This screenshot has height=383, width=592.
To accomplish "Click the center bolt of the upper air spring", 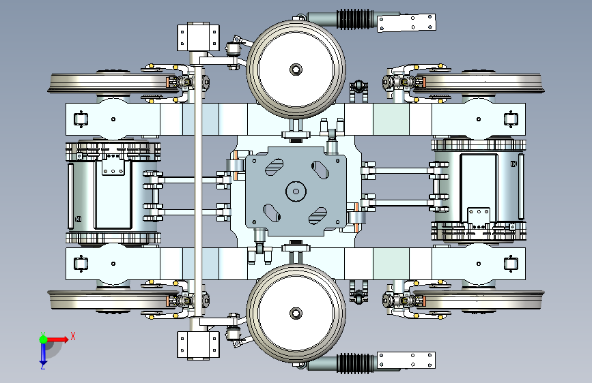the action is [296, 70].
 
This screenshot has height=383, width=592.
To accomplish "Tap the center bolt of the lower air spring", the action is [296, 313].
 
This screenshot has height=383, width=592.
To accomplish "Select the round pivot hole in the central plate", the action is [296, 191].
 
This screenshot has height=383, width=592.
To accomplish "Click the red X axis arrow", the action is [57, 339].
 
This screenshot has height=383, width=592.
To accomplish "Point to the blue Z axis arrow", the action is [43, 354].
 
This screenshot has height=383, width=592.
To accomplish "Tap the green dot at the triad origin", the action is [43, 339].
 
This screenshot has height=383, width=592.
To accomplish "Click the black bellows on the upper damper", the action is [355, 19].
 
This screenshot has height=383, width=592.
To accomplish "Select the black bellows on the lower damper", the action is [355, 363].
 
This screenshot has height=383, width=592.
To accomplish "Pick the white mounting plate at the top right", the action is [406, 22].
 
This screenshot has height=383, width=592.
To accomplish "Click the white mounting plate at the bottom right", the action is [406, 361].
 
